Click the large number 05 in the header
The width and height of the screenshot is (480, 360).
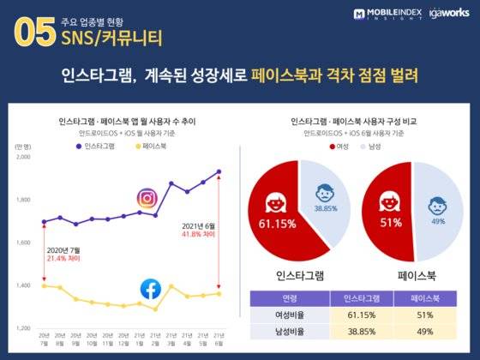[x=33, y=32]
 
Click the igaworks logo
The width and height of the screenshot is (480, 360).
[x=446, y=14]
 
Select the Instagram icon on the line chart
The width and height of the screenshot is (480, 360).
[x=148, y=199]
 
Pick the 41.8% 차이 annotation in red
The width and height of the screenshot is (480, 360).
[x=196, y=234]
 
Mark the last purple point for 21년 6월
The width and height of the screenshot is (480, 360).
[x=219, y=171]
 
